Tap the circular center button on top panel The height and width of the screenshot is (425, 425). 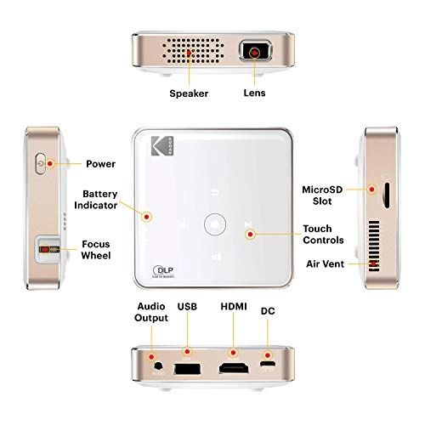pyautogui.click(x=215, y=226)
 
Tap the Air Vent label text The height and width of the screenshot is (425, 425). pyautogui.click(x=325, y=264)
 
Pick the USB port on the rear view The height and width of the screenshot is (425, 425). pyautogui.click(x=188, y=369)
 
